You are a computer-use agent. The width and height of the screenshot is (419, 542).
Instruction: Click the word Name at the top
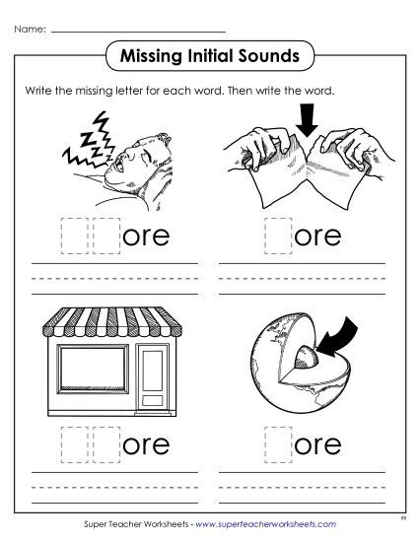28,29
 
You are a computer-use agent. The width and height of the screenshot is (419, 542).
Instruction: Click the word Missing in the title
145,54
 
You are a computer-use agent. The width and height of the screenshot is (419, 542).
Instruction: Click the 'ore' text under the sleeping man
143,237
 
